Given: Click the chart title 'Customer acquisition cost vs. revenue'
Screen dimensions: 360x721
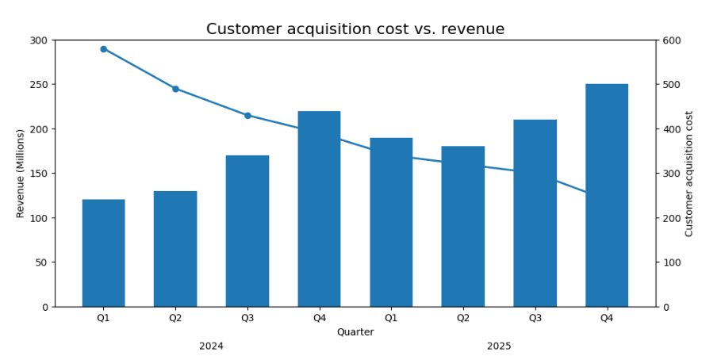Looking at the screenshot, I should pyautogui.click(x=355, y=29).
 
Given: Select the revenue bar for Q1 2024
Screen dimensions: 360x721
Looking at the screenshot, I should pyautogui.click(x=103, y=253).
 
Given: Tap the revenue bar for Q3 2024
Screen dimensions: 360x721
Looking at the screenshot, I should pyautogui.click(x=247, y=231).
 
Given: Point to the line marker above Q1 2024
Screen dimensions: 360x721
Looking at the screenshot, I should pyautogui.click(x=103, y=49).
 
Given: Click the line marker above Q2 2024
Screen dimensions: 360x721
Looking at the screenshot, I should pyautogui.click(x=175, y=89).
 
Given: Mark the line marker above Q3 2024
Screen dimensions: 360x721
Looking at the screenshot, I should pyautogui.click(x=247, y=116).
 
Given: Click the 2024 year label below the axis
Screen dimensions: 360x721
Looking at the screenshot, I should pyautogui.click(x=211, y=346).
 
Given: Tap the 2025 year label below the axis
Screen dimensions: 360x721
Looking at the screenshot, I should pyautogui.click(x=499, y=346).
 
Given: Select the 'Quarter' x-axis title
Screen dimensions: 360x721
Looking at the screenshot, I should pyautogui.click(x=355, y=332).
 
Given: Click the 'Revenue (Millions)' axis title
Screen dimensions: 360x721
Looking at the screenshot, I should pyautogui.click(x=21, y=173).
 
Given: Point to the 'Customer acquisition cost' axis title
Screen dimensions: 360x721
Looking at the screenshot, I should pyautogui.click(x=689, y=173).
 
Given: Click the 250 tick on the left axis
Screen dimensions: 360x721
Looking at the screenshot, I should pyautogui.click(x=38, y=85).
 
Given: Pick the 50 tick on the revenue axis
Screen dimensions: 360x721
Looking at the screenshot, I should pyautogui.click(x=40, y=262).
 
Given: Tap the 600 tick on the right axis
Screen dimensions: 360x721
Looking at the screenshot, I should pyautogui.click(x=671, y=40).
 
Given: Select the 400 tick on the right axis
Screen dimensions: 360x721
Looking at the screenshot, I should pyautogui.click(x=671, y=129).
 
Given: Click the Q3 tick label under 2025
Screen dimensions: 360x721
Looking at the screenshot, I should pyautogui.click(x=535, y=318).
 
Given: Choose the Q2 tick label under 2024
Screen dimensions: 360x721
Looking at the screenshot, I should pyautogui.click(x=175, y=318).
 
